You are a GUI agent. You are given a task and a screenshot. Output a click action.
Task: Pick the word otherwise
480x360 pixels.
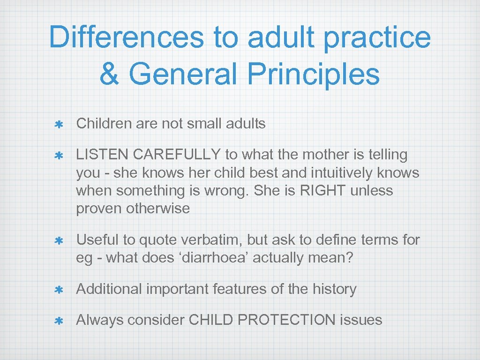tap(158, 209)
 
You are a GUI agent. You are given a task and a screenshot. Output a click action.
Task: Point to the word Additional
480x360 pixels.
tap(109, 289)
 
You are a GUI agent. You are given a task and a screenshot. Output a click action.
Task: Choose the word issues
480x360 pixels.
tap(361, 320)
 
